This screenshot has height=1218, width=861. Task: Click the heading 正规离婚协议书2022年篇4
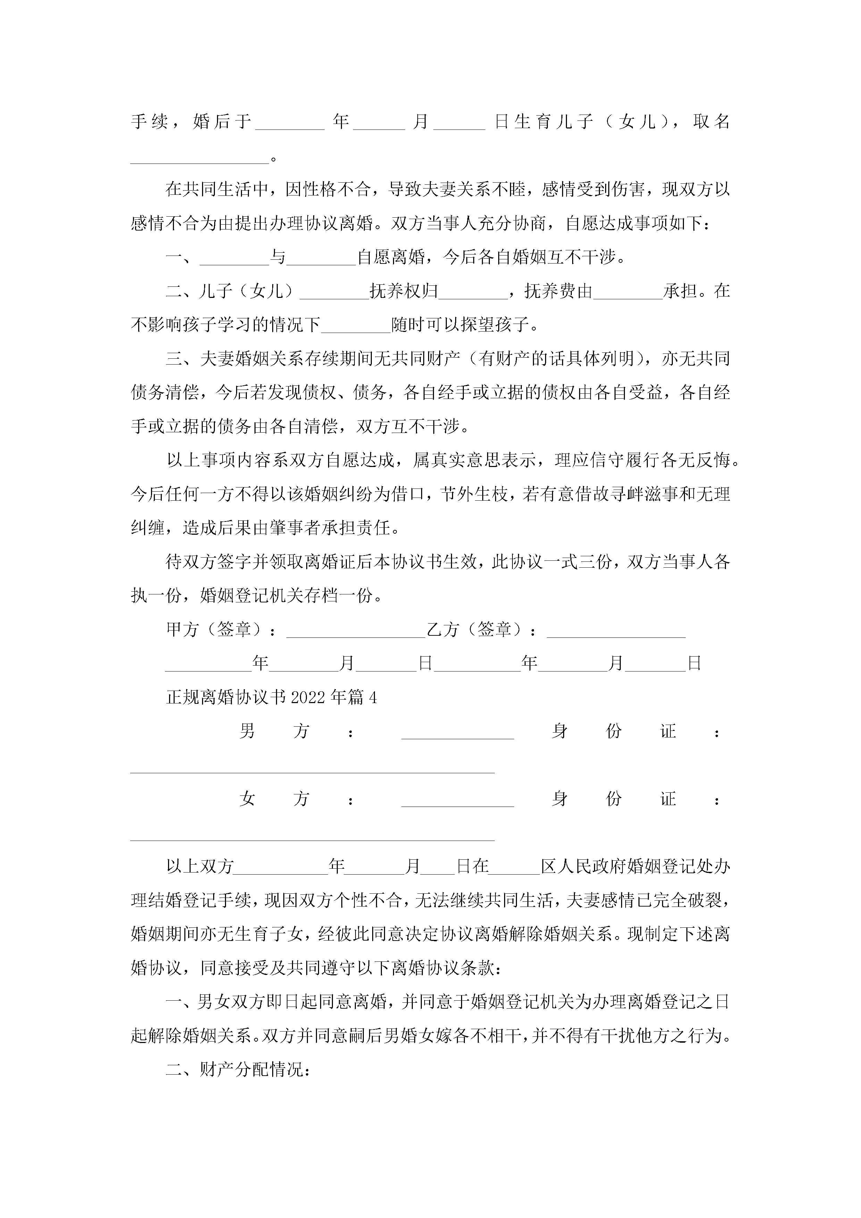[271, 697]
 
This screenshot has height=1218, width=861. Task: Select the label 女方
[274, 799]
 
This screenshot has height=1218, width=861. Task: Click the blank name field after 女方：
[457, 803]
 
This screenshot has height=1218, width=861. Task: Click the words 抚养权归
[404, 291]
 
